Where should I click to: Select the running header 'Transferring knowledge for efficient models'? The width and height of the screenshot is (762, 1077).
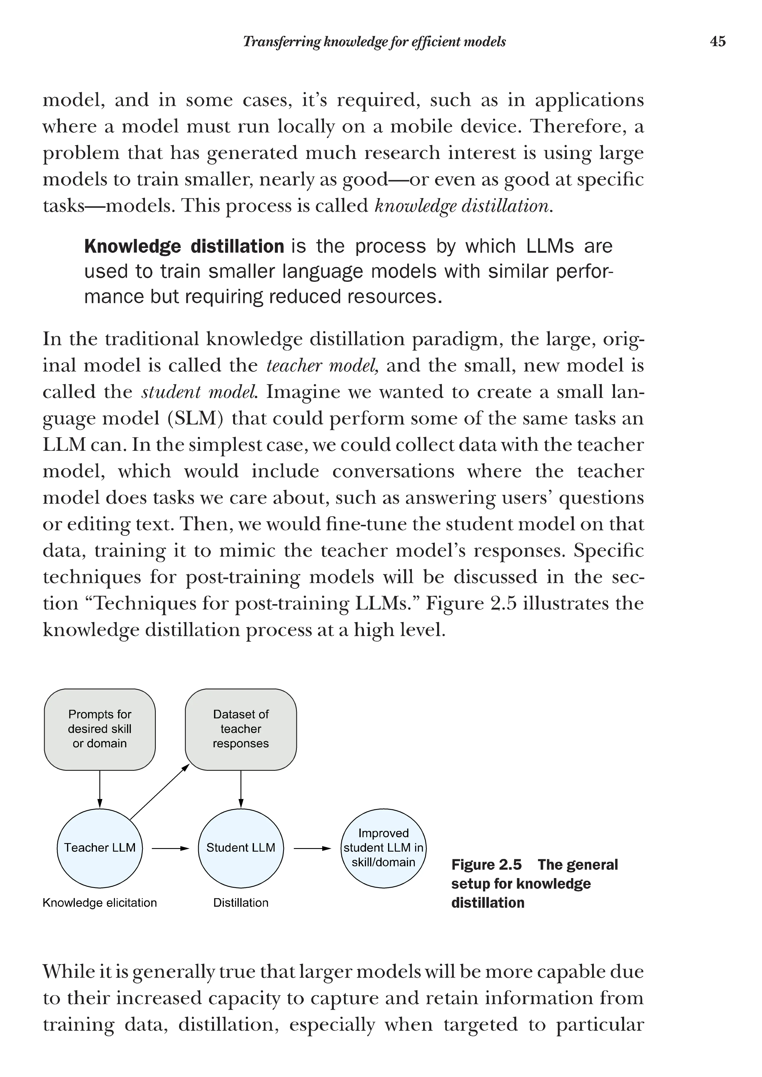(374, 42)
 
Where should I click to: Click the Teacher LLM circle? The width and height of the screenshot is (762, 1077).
(99, 847)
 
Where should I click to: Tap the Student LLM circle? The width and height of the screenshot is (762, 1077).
(241, 847)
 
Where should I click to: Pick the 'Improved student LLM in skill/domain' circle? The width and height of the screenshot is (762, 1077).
(383, 847)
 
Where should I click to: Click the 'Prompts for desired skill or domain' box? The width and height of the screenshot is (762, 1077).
(99, 729)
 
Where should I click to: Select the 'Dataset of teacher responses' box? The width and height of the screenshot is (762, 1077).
(241, 729)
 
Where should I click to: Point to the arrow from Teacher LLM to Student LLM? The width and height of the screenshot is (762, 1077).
(170, 848)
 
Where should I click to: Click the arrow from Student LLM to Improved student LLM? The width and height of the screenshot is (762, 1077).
(312, 848)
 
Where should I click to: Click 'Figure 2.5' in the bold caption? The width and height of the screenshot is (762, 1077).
(486, 865)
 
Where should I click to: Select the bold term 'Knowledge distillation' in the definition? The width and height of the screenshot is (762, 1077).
(184, 246)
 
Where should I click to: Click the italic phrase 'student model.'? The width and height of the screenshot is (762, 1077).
(199, 392)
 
